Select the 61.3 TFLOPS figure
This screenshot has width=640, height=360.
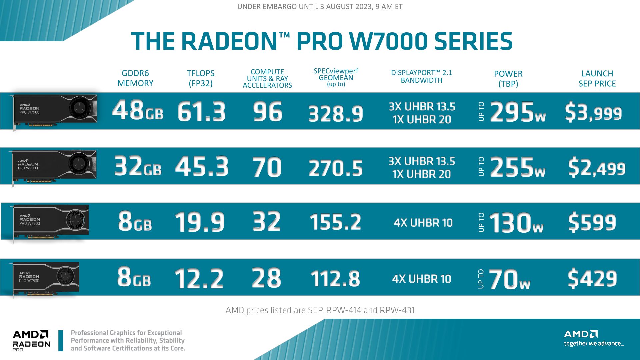201,112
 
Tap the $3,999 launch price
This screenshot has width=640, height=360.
593,113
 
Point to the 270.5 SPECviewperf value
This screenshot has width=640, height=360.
336,168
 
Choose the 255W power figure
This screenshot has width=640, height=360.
517,167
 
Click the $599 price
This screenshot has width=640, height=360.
592,222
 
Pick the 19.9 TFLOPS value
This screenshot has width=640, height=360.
200,222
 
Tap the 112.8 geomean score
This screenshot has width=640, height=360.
335,279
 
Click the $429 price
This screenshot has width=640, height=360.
592,279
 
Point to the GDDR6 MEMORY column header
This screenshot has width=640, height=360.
135,78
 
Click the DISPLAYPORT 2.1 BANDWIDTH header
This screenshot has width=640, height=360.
421,76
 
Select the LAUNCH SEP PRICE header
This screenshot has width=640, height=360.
597,78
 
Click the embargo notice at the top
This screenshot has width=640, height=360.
320,7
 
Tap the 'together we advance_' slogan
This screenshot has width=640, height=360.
593,343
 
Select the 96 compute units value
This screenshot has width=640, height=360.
267,112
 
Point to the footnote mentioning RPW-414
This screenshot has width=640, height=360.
320,310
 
